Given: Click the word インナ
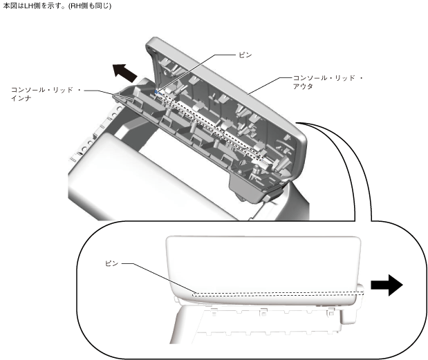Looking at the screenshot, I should pyautogui.click(x=21, y=99).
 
